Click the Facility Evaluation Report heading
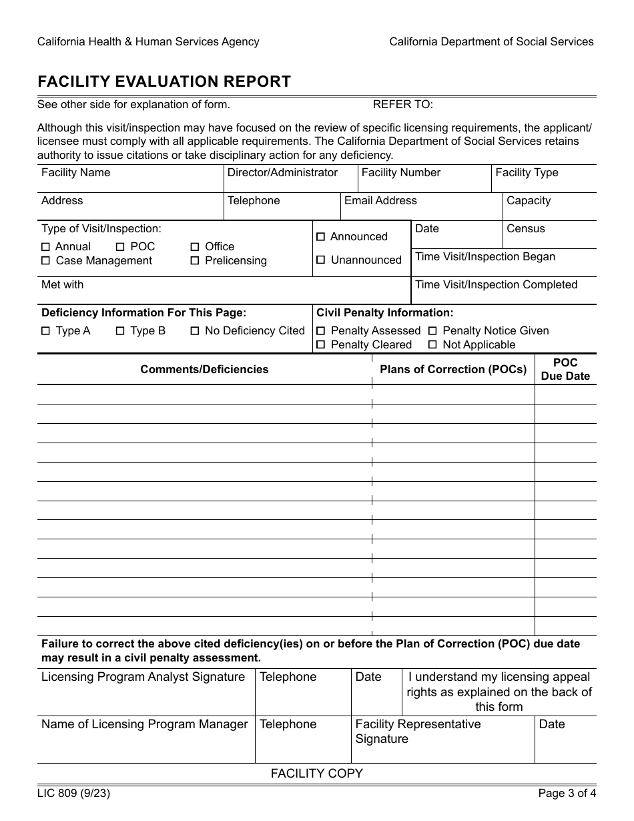[x=164, y=81]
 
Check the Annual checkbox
[x=45, y=247]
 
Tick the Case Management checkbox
[x=45, y=261]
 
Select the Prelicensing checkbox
[x=195, y=261]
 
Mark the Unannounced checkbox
[x=320, y=260]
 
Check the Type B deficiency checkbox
[x=120, y=331]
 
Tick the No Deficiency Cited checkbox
[x=195, y=331]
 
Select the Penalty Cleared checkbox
[x=320, y=345]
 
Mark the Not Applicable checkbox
[x=432, y=345]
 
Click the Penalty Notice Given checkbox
[x=432, y=331]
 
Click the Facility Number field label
[x=400, y=173]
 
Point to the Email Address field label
[x=380, y=201]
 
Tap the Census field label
[x=525, y=229]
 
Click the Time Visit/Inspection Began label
[x=485, y=257]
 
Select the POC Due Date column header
[x=565, y=370]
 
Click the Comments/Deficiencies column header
[x=204, y=370]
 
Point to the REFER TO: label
[x=402, y=104]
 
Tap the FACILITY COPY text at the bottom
[x=316, y=774]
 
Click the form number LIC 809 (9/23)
[x=74, y=794]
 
